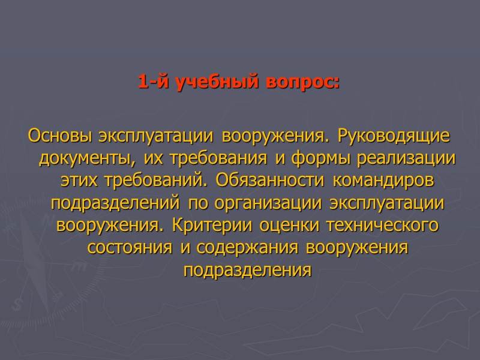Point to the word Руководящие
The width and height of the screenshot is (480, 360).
394,136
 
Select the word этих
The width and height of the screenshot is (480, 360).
76,181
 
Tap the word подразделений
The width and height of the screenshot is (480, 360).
118,203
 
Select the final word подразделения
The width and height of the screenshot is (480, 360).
248,271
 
